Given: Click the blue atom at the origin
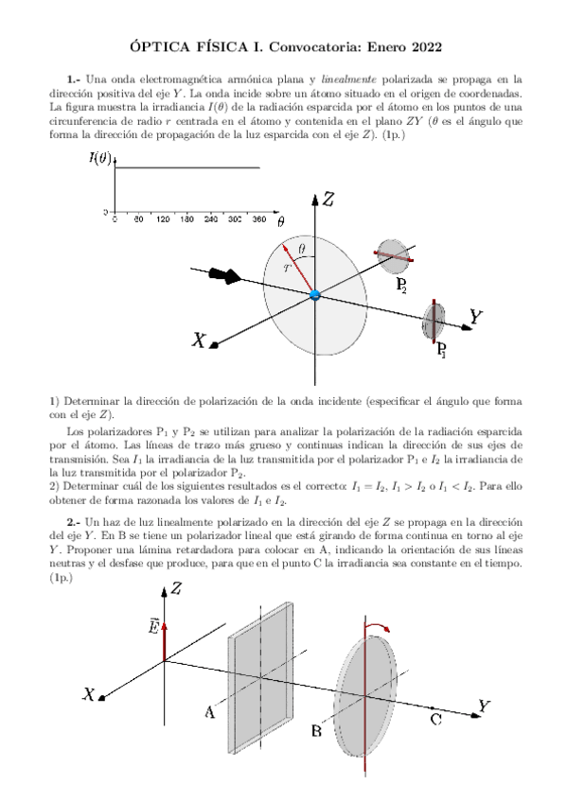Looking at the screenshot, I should pos(315,295).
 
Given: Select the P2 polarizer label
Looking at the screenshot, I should pos(401,286).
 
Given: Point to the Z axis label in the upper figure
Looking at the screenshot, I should pos(328,199).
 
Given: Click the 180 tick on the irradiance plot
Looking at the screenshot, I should pos(186,218).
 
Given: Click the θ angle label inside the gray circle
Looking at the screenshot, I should pos(301,249).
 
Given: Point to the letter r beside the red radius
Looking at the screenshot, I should pos(288,268).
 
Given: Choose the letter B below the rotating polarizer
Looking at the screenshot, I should pos(317,731).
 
